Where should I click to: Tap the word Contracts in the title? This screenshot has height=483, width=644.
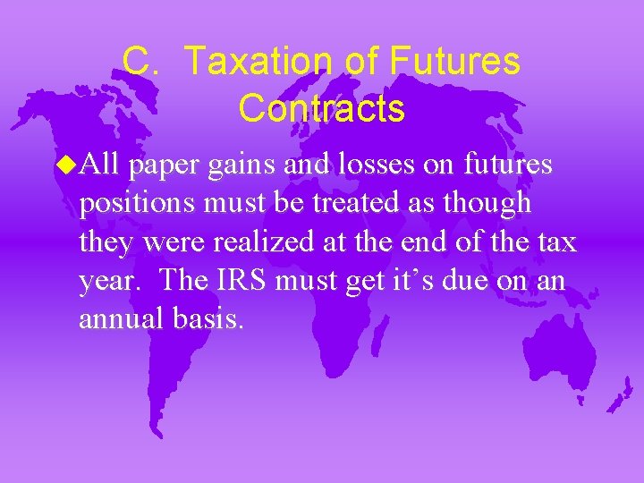click(322, 109)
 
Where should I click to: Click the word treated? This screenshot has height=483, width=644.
click(361, 203)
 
